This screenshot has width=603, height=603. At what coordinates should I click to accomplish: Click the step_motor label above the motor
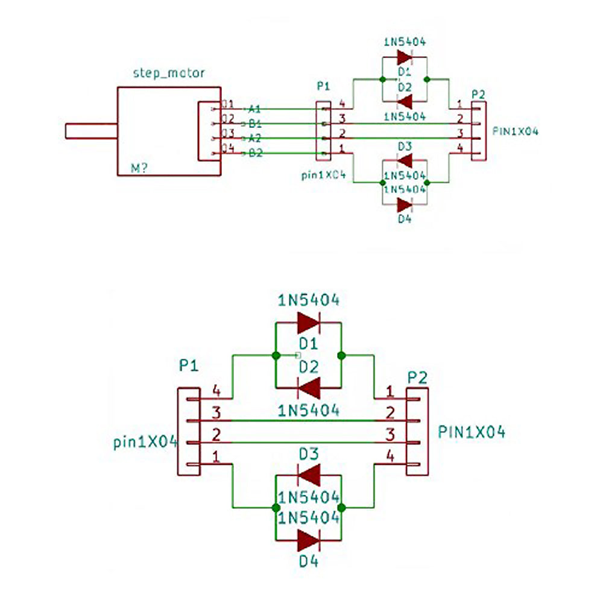(x=168, y=73)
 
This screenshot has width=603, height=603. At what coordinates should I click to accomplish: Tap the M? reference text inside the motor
(x=140, y=168)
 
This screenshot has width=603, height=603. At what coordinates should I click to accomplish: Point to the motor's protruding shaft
(x=90, y=130)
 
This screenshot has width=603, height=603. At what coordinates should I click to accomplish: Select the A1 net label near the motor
(x=254, y=109)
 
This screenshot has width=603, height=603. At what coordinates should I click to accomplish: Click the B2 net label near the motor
(x=255, y=153)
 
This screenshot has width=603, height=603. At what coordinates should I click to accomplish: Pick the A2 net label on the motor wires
(x=255, y=138)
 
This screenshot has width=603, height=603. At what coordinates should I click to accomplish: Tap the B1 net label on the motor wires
(x=255, y=124)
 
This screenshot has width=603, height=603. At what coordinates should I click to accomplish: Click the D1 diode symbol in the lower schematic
(x=309, y=323)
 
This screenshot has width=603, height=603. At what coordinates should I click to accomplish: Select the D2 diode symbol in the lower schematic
(x=309, y=387)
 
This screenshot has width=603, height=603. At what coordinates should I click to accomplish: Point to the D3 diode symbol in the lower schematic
(x=309, y=476)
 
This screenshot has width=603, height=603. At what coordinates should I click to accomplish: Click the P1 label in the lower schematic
(x=188, y=365)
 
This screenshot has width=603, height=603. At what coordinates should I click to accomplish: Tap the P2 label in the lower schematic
(x=417, y=378)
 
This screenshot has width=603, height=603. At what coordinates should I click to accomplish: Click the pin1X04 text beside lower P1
(x=145, y=442)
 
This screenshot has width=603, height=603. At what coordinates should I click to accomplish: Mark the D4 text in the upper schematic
(x=405, y=219)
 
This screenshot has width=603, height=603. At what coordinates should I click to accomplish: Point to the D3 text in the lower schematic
(x=308, y=453)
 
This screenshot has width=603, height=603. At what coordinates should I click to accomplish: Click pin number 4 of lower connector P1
(x=216, y=392)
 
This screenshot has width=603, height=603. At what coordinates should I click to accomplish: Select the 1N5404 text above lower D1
(x=308, y=300)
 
